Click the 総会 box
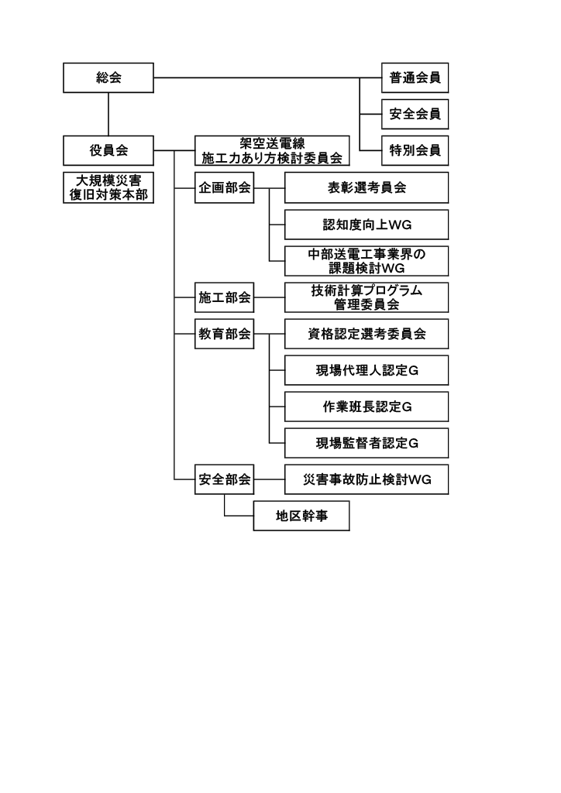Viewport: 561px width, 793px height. [108, 77]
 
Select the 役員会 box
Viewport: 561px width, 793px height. [108, 149]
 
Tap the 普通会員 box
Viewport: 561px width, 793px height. [415, 77]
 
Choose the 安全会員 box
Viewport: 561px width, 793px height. [415, 114]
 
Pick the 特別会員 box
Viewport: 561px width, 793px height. [415, 150]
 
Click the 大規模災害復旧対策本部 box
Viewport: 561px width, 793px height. [108, 187]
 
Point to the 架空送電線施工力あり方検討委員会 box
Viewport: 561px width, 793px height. [271, 150]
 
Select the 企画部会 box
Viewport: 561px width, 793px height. [224, 187]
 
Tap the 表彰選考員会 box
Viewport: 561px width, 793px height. [367, 187]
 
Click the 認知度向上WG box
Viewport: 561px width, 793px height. [367, 225]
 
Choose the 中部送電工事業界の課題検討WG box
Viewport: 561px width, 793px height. [367, 261]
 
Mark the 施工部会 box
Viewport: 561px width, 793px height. [224, 297]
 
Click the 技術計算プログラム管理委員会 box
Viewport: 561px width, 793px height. [367, 297]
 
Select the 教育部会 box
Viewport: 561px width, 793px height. [224, 335]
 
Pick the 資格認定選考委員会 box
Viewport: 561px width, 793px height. [367, 335]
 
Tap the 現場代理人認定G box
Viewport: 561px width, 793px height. [367, 371]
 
